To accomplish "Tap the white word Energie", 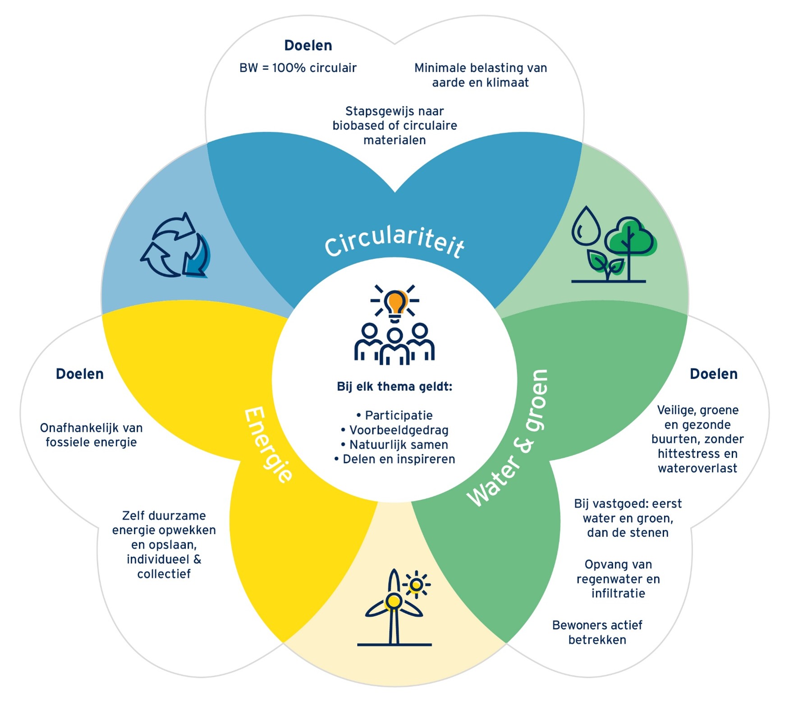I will tap(268, 445).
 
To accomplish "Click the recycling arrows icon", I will tap(175, 245).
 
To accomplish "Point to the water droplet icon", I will tap(586, 225).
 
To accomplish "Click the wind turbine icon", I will tap(394, 607).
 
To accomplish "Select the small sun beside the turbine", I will tap(417, 585).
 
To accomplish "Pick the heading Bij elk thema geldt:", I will tap(394, 387).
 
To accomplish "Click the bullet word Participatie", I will tap(399, 415).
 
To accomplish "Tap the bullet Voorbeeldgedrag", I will tap(399, 430).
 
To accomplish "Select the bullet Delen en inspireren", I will tap(399, 459).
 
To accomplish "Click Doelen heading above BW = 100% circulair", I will tap(308, 46).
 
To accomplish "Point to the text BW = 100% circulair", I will tap(298, 68).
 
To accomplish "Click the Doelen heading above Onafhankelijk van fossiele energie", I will tap(80, 374).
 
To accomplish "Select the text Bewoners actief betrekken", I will tap(597, 632).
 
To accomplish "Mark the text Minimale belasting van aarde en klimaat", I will tap(481, 75).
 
